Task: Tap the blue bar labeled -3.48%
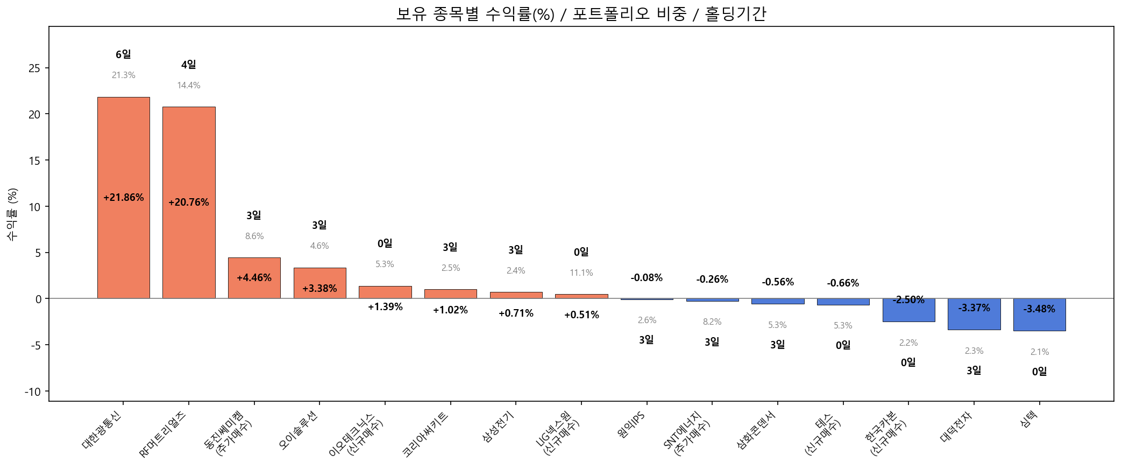click(1039, 321)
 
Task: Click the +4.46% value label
click(254, 278)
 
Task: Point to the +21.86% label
click(123, 198)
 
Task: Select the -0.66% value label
click(843, 283)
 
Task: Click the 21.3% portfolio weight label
click(123, 75)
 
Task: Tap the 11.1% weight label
click(581, 273)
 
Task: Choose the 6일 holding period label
click(123, 54)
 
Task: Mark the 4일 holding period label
click(189, 65)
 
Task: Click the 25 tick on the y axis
click(34, 68)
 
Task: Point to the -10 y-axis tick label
click(32, 392)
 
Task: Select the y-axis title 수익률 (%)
click(12, 214)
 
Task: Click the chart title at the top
click(581, 13)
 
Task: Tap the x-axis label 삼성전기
click(499, 427)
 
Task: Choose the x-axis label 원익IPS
click(631, 425)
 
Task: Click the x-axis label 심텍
click(1029, 419)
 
